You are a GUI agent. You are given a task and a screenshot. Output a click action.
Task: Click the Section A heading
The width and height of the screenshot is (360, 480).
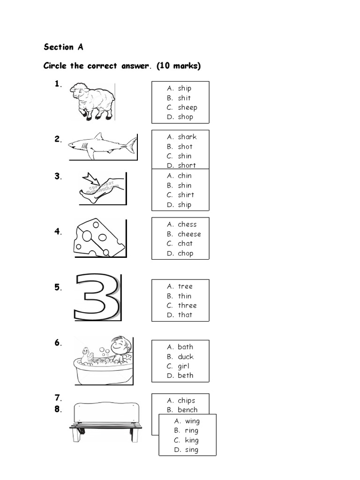click(64, 47)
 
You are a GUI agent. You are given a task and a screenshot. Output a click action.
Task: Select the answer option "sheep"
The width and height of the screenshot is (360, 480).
click(187, 107)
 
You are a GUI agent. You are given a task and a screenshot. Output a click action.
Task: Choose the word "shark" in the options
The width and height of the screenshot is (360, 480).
click(187, 137)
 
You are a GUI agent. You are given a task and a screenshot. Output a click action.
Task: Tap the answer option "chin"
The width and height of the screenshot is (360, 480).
click(185, 176)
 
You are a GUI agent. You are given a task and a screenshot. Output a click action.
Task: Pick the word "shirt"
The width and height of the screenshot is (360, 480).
click(186, 195)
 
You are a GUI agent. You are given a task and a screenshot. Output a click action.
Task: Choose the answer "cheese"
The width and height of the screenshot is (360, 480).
click(189, 234)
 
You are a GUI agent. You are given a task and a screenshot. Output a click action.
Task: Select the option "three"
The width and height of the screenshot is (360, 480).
click(187, 306)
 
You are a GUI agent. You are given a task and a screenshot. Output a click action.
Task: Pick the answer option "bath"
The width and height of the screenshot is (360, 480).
click(185, 347)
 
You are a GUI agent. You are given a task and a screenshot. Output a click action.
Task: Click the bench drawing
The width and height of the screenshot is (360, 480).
click(105, 420)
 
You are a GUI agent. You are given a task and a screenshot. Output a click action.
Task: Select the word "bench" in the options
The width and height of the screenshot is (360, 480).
click(187, 410)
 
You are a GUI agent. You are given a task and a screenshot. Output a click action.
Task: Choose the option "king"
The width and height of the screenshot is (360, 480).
click(191, 440)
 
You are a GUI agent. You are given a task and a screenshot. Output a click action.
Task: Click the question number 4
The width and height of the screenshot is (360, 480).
click(57, 231)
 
